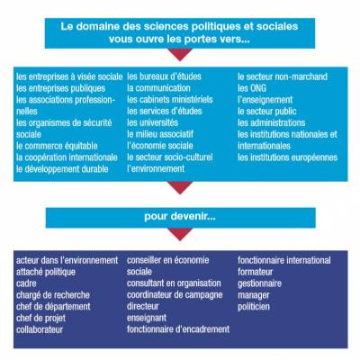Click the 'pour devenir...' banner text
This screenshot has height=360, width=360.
(180, 216)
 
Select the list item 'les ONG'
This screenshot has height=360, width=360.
(252, 88)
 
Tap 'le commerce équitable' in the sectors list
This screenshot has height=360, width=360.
(57, 146)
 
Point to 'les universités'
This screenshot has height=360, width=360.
(152, 122)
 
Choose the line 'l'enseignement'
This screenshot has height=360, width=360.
(265, 100)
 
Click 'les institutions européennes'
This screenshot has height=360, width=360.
(288, 157)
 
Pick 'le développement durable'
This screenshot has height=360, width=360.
(62, 169)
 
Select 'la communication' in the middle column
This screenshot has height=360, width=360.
(158, 88)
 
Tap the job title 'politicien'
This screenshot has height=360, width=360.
(254, 307)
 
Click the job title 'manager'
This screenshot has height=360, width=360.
(254, 295)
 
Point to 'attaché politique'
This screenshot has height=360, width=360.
(46, 272)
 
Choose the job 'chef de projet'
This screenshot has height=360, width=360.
(40, 319)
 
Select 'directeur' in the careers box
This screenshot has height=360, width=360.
(143, 306)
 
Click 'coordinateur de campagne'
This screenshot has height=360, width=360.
(175, 295)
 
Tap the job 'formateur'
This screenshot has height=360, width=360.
(256, 272)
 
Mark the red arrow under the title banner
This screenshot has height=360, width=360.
(180, 53)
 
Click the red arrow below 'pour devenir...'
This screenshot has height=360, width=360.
(180, 233)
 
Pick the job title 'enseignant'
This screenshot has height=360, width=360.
(147, 318)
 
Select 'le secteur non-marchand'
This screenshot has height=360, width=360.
(283, 76)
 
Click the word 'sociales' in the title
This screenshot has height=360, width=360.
(277, 26)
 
